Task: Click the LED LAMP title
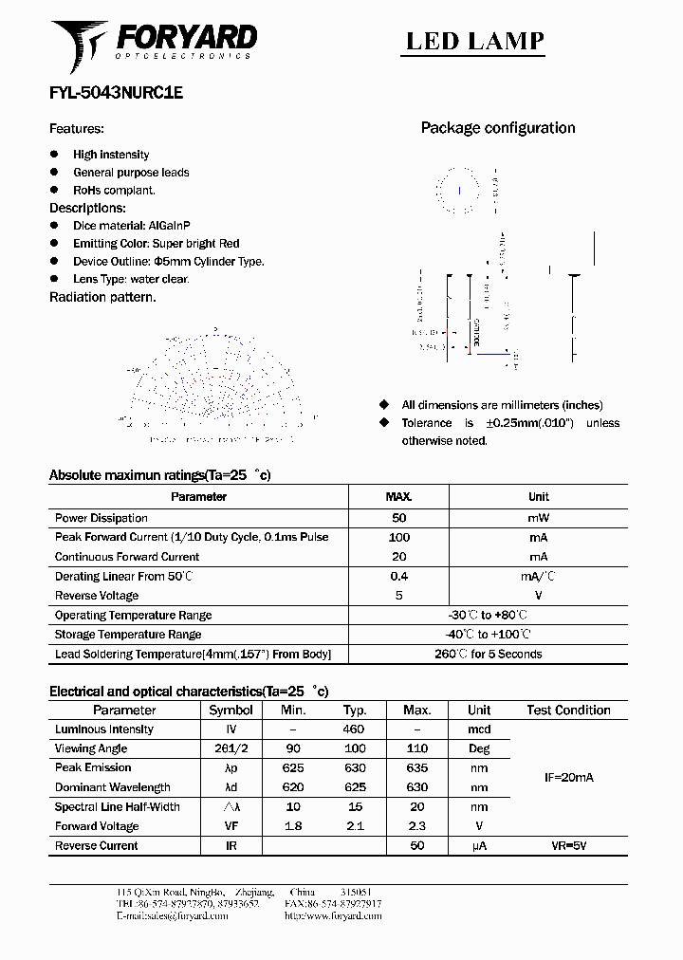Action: click(475, 41)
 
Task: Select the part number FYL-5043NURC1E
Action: click(116, 94)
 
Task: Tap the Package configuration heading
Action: click(498, 128)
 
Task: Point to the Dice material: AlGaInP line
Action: click(132, 226)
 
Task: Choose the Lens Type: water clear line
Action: click(131, 279)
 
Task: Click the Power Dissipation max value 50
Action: click(398, 518)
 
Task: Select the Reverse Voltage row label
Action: click(97, 596)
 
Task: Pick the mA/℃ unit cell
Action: click(538, 577)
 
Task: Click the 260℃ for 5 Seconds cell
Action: click(488, 654)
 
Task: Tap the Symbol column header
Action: click(231, 711)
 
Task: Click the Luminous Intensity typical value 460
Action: click(354, 729)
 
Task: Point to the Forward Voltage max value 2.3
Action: click(416, 826)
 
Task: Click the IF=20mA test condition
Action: click(568, 778)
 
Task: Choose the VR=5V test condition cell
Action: click(568, 845)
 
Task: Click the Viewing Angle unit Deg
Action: click(479, 748)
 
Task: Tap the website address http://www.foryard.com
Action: click(333, 916)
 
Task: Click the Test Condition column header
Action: click(568, 711)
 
